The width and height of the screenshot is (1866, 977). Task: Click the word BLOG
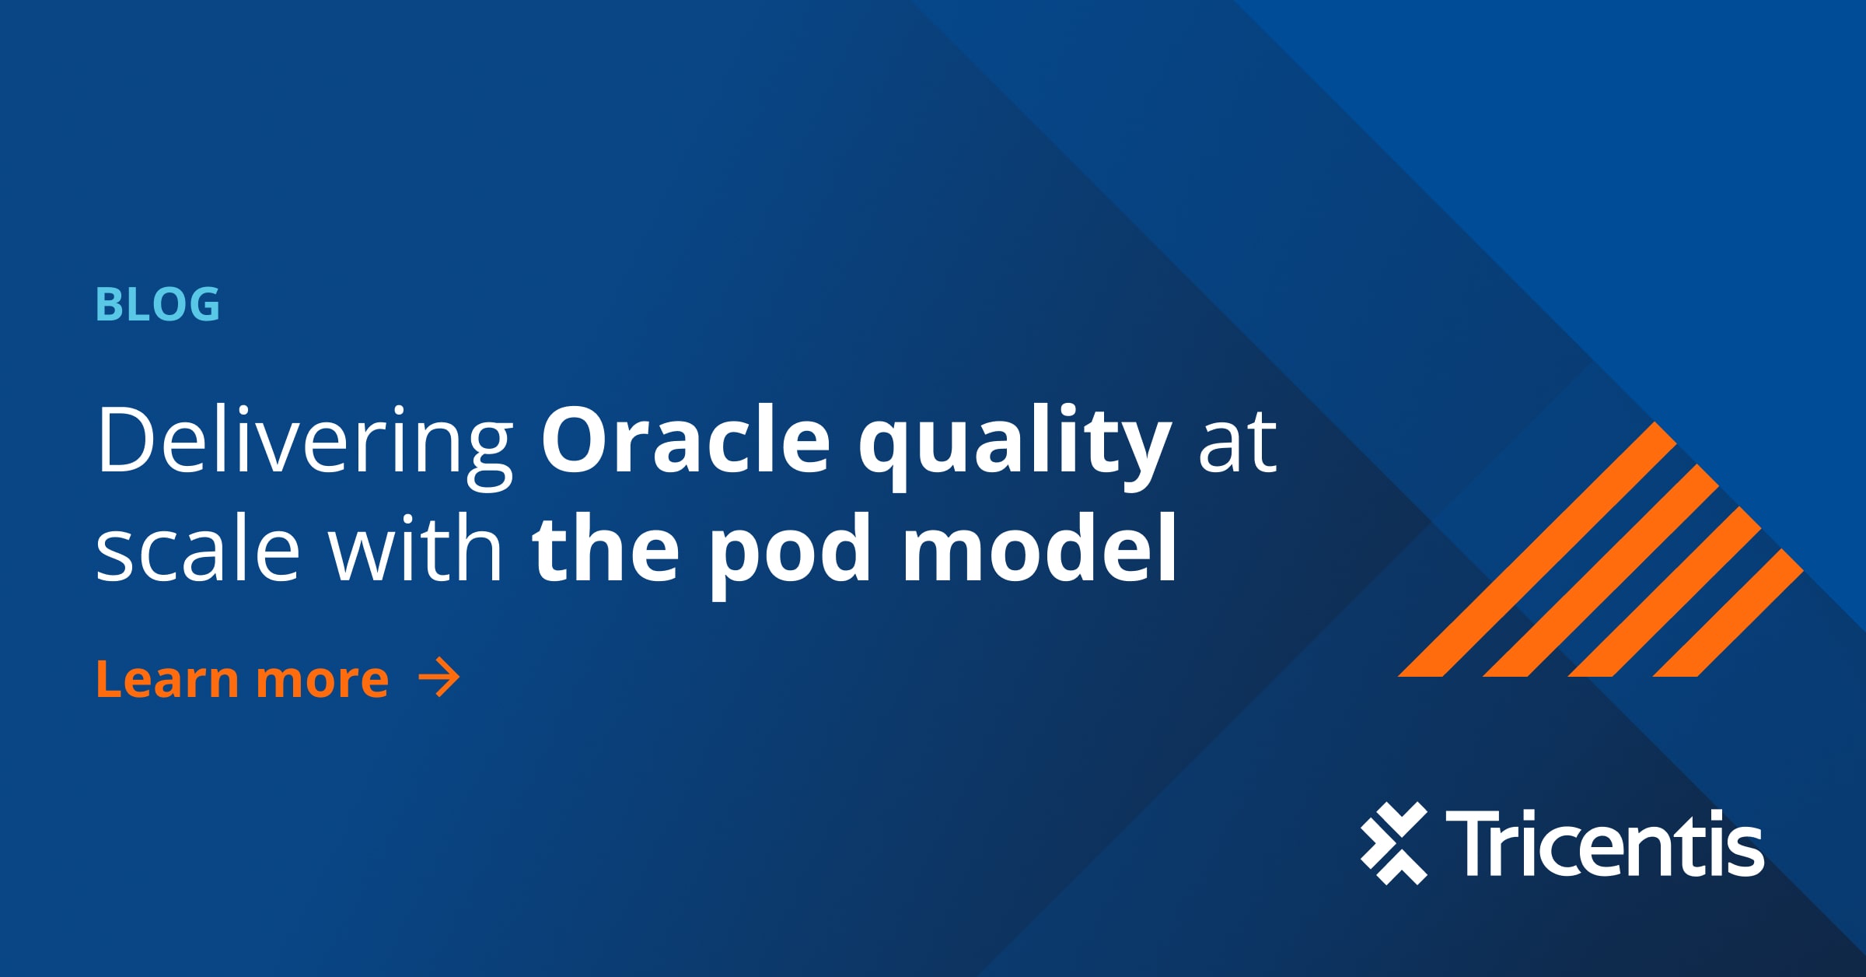pos(158,304)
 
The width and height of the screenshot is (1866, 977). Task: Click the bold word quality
pos(1015,443)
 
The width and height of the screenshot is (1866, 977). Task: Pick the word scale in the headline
pos(197,551)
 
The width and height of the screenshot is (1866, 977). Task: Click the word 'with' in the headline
pos(415,549)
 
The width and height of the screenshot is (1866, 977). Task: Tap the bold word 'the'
pos(606,549)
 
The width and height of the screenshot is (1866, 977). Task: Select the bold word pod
pos(789,552)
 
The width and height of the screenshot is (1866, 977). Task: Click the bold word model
pos(1040,549)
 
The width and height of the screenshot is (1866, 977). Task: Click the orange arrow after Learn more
pos(439,678)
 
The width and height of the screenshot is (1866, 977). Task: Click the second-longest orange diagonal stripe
pos(1602,570)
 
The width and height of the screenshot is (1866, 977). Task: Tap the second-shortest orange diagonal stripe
pos(1665,591)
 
